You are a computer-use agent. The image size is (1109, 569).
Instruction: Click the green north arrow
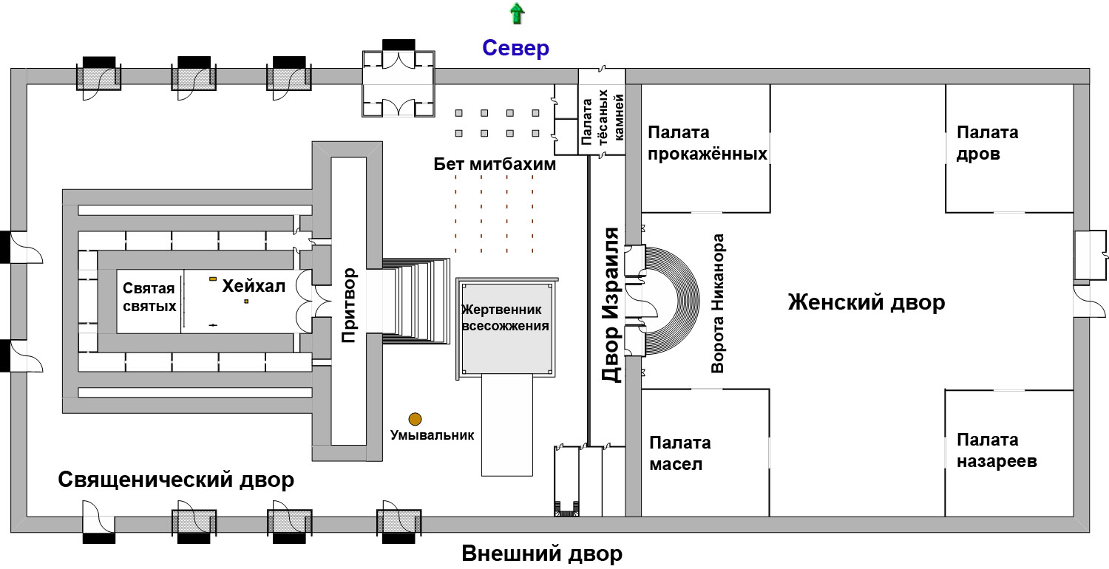point(517,13)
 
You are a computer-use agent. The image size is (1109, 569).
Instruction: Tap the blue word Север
point(515,48)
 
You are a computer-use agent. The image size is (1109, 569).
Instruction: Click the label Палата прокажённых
point(708,143)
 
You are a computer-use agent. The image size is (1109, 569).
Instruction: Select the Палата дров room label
point(987,143)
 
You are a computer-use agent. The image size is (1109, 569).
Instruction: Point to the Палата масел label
point(679,453)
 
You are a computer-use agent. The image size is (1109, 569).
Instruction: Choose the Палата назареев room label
point(997,450)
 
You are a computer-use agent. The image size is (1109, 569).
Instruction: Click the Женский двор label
point(866,301)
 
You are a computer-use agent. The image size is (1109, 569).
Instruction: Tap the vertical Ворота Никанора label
point(717,303)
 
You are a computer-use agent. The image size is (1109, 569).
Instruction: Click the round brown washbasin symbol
point(415,419)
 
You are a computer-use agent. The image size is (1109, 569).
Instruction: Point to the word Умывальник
point(432,435)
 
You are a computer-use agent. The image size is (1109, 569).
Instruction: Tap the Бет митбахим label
point(495,164)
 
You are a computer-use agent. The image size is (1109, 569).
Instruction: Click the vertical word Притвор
point(349,305)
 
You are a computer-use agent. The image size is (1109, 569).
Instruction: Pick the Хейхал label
point(254,286)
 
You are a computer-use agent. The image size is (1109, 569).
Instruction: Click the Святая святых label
point(149,297)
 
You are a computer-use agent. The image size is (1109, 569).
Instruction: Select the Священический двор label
point(176,480)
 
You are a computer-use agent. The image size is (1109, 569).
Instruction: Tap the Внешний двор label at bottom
point(542,553)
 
